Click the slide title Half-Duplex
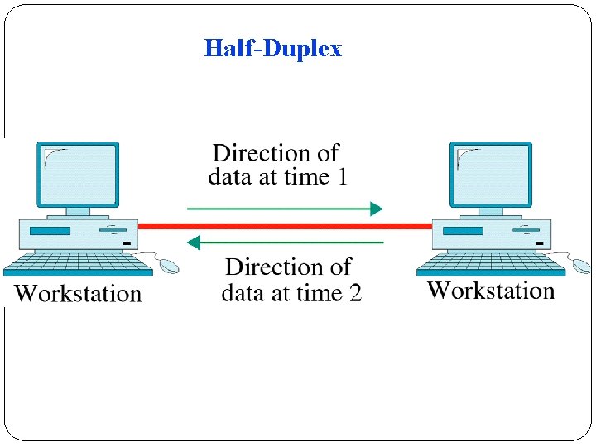[272, 48]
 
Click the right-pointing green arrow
[285, 209]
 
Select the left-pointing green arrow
[285, 243]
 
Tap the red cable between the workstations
[285, 225]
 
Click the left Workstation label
[79, 293]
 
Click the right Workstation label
[491, 291]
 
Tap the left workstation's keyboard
[78, 264]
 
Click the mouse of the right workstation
[582, 266]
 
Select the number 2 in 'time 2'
[353, 292]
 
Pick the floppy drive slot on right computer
[463, 230]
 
